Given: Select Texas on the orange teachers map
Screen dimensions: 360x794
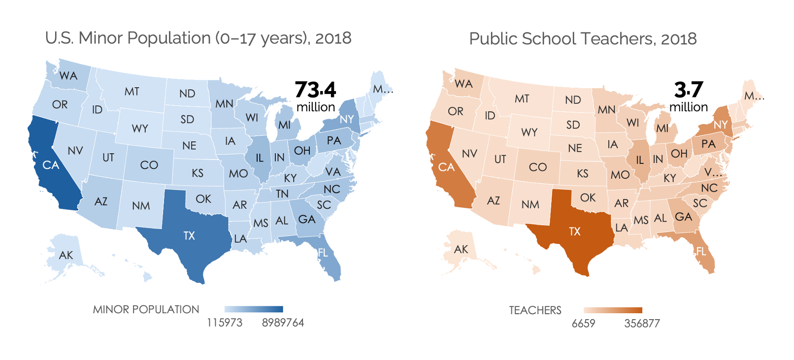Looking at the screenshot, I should coord(575,231).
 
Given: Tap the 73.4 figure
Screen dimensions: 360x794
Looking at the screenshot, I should coord(315,90).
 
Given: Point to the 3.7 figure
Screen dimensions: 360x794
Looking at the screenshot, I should coord(688,90).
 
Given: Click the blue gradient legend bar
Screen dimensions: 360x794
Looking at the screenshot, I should coord(254,309).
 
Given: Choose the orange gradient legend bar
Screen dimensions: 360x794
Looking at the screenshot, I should coord(613,310).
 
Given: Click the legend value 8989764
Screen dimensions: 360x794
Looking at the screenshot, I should coord(283,323).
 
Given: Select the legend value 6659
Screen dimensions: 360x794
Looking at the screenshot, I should coord(583,324).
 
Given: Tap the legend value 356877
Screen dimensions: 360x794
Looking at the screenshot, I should coord(642,324).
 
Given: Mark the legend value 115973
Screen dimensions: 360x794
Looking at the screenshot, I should coord(225,323).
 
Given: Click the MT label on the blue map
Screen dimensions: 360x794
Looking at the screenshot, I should coord(132,92).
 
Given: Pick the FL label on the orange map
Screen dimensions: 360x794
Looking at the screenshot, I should coord(701,252).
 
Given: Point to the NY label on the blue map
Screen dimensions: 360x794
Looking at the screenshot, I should coord(347,119).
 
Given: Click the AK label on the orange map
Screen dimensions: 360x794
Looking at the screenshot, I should coord(461,249).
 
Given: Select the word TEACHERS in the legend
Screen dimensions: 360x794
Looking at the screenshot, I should coord(535,310).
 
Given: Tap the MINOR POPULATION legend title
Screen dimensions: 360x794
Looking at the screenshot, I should coord(146,309).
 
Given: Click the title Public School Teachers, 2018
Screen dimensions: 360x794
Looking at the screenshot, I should coord(583,38).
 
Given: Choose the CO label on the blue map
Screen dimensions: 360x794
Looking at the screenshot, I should coord(149,165).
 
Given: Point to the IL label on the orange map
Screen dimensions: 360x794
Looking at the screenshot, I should coord(639,160).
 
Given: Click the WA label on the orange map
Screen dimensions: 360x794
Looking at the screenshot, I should coord(463,83).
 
